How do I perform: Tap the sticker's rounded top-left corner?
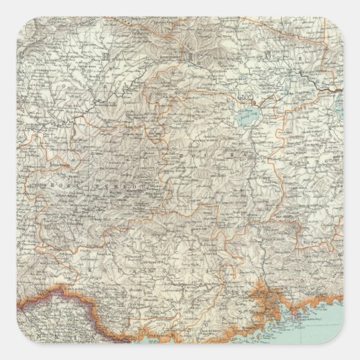[x=8, y=8]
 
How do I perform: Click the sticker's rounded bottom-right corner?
[x=352, y=352]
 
